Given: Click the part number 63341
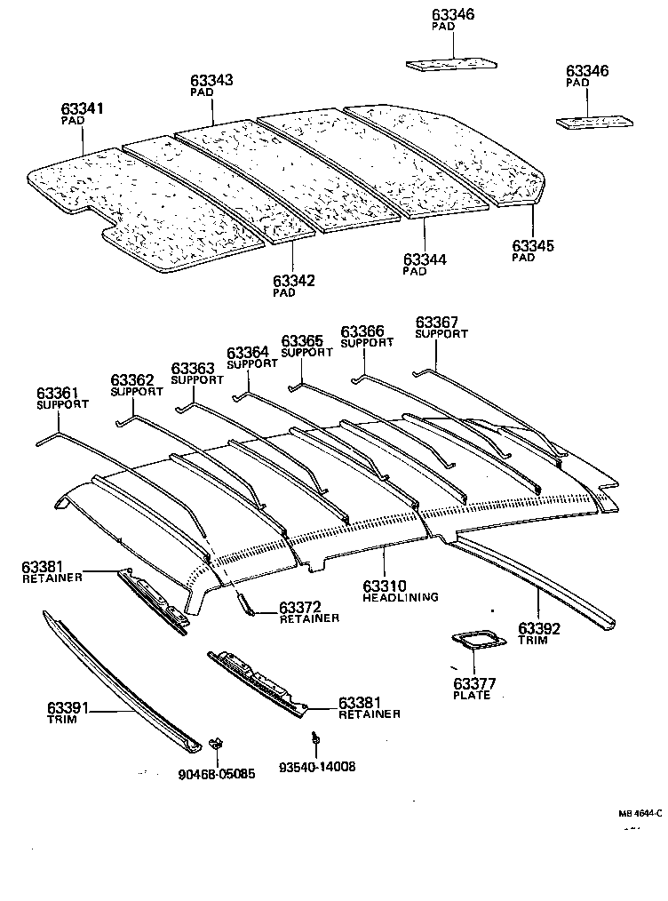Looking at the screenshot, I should (x=83, y=108).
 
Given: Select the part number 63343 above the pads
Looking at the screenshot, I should (x=211, y=80).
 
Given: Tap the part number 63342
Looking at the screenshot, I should (x=294, y=280).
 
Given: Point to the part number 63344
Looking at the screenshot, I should (x=425, y=259).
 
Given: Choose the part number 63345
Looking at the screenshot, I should (x=533, y=245).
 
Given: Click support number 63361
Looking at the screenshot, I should (x=58, y=393).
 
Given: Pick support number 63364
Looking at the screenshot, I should (x=248, y=353).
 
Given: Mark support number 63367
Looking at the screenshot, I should (x=437, y=322).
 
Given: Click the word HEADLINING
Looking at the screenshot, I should (x=401, y=598).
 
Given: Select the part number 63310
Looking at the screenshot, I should (x=384, y=586).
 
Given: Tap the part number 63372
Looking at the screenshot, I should (x=300, y=607).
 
